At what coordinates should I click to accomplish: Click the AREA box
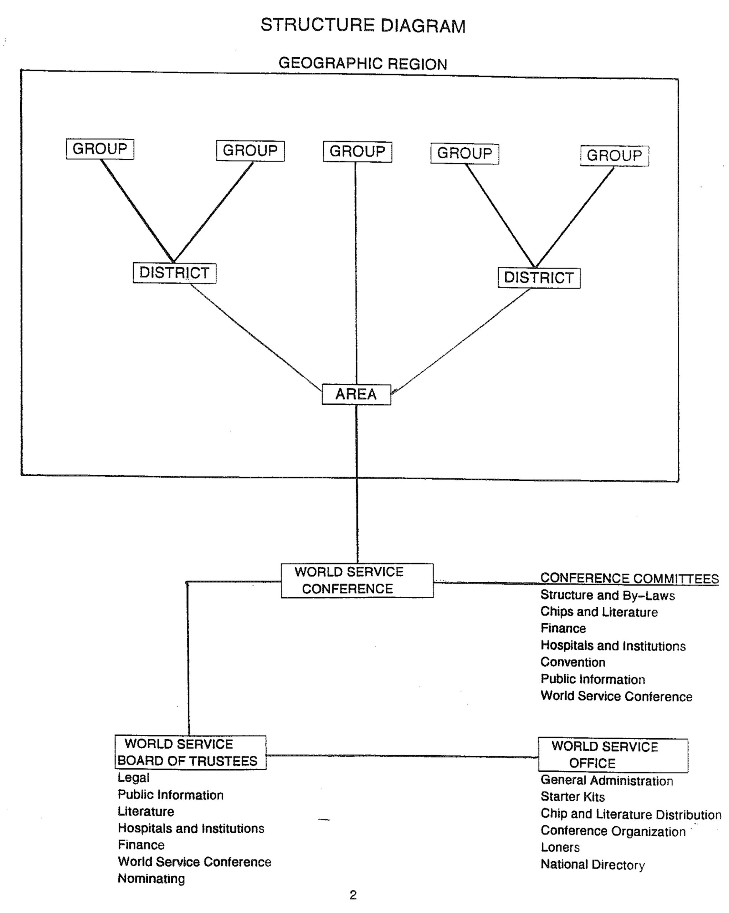(x=356, y=394)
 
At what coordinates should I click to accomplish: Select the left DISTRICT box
(x=174, y=273)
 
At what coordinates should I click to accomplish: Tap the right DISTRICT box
(x=539, y=278)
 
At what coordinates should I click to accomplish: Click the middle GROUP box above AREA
(x=357, y=151)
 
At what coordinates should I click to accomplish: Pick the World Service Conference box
(x=357, y=580)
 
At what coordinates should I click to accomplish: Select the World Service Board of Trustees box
(x=190, y=753)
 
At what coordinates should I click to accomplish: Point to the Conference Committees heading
(x=630, y=578)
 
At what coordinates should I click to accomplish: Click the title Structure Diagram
(x=363, y=25)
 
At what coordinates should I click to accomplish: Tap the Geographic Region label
(x=363, y=63)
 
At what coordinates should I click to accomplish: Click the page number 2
(x=353, y=895)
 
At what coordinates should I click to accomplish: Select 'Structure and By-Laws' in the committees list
(x=607, y=595)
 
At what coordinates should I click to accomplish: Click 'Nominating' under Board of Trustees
(x=151, y=878)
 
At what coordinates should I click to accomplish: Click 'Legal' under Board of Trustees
(x=133, y=777)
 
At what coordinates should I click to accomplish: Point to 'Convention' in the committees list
(x=573, y=662)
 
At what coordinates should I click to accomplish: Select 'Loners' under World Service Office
(x=560, y=847)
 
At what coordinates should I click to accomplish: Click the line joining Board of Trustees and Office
(x=402, y=756)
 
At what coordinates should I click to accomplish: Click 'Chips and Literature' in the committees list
(x=599, y=612)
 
